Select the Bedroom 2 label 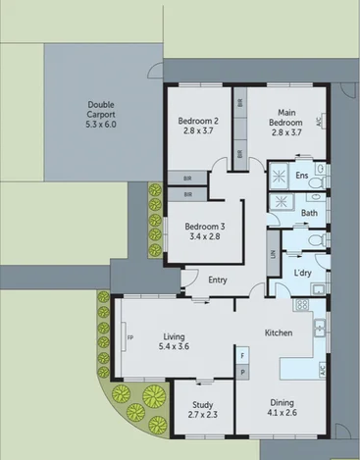[197, 127]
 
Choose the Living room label [175, 342]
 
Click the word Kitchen [279, 333]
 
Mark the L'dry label [303, 272]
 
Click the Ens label [302, 178]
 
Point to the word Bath [309, 212]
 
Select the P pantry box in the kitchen [241, 373]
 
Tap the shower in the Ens [281, 177]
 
